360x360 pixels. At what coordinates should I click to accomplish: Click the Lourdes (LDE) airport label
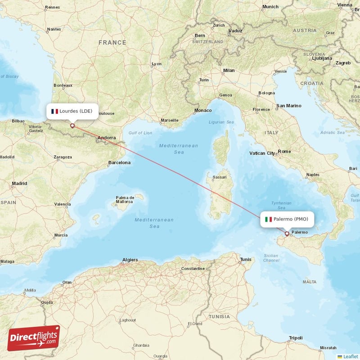pos(72,111)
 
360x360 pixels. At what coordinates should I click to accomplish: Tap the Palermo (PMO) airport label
pos(287,219)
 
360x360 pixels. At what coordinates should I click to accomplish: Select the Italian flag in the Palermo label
pos(269,219)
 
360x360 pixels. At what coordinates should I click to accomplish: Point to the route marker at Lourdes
pos(72,126)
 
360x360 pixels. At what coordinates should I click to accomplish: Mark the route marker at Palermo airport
pos(287,234)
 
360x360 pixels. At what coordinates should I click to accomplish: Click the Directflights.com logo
pos(34,338)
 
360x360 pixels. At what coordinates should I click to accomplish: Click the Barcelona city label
pos(119,162)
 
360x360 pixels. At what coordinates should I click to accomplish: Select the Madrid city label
pos(19,184)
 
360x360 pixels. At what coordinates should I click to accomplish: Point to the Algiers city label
pos(130,260)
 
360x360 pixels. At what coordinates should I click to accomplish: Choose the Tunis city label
pos(246,260)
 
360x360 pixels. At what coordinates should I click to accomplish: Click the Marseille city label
pos(169,120)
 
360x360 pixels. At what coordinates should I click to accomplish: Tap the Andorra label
pos(107,138)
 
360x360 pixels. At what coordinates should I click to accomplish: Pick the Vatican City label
pos(262,153)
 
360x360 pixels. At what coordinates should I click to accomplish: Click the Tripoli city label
pos(296,337)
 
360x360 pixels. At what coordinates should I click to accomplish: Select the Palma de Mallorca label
pos(125,200)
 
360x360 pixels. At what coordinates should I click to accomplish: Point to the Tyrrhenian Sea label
pos(282,205)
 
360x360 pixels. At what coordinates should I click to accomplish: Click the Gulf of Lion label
pos(140,133)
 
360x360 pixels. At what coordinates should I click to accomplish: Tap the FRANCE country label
pos(112,42)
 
